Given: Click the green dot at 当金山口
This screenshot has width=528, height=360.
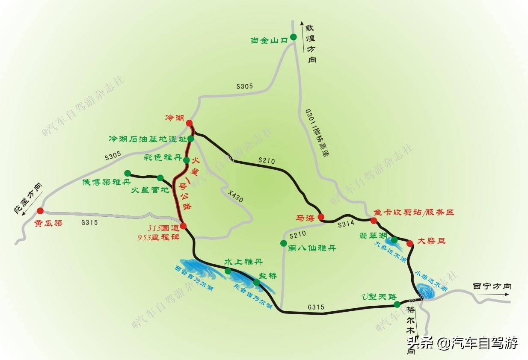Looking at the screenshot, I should click(294, 37).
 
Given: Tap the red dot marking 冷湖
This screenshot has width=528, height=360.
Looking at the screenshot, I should click(189, 123).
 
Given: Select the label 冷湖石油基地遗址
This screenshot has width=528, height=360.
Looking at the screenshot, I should click(148, 139).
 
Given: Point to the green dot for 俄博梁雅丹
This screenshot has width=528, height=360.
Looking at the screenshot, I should click(128, 173).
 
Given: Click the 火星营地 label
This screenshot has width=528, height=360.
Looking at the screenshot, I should click(150, 190).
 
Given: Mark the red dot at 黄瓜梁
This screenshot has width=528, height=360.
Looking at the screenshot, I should click(40, 210).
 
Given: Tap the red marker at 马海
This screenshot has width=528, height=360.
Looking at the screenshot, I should click(321, 216).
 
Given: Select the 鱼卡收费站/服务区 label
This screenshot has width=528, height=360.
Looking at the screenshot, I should click(413, 212).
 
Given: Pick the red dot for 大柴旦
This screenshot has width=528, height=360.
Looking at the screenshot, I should click(409, 243).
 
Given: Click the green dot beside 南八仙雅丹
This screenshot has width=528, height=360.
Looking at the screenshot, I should click(283, 243).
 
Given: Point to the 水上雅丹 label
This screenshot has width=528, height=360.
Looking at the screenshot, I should click(243, 262).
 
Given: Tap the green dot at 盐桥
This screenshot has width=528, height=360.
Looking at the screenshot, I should click(256, 282).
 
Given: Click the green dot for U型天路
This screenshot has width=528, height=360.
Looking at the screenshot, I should click(397, 304).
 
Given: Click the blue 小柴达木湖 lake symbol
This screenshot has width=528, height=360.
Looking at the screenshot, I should click(426, 291).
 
